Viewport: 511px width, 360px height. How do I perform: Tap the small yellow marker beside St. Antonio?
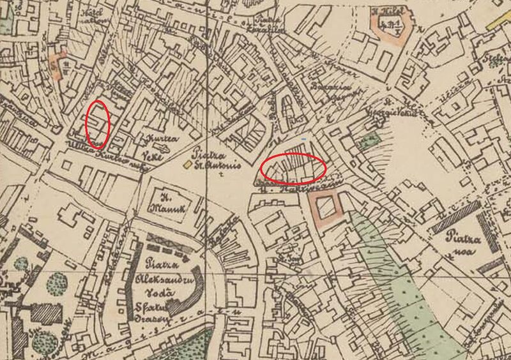tap(187, 165)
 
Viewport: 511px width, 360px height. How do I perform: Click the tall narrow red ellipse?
tap(97, 124)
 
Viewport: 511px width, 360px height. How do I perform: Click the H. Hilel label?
tap(387, 11)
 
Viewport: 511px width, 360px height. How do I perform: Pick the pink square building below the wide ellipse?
tap(325, 209)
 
